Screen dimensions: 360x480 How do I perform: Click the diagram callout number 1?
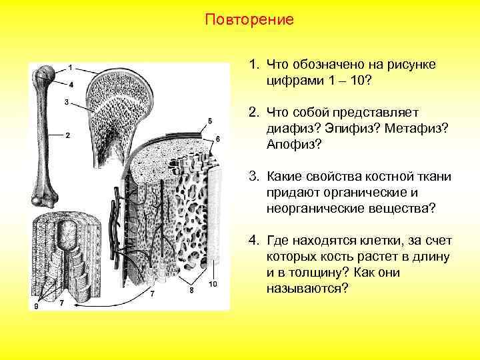tap(71, 67)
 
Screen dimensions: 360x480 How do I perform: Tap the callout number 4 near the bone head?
tap(71, 84)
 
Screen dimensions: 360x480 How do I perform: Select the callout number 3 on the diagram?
tap(66, 101)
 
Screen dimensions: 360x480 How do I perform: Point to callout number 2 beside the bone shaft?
tap(67, 135)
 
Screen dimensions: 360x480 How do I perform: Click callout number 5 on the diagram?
tap(210, 120)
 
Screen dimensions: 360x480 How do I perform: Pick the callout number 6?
tap(218, 137)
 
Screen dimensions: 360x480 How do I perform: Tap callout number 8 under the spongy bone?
tap(192, 289)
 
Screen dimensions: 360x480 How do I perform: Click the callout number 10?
tap(213, 284)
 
